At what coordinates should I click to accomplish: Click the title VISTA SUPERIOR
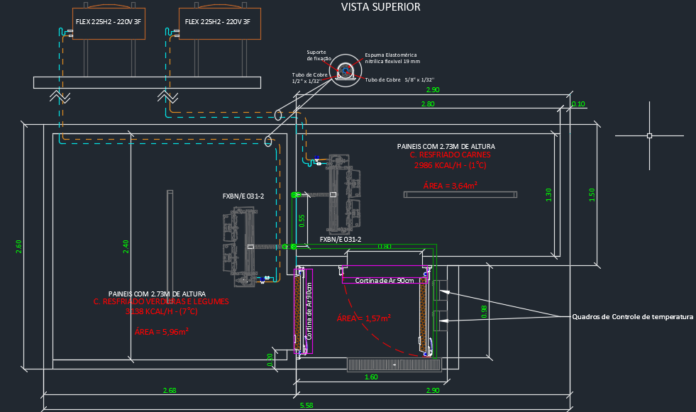point(381,7)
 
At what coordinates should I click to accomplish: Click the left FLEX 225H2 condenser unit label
point(109,22)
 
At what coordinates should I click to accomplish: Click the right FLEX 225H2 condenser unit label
point(218,22)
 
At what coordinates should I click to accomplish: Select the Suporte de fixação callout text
point(316,55)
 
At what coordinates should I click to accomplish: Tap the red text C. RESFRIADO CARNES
point(450,155)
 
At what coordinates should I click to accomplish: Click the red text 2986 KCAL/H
point(450,165)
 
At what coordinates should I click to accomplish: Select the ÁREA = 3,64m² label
point(450,185)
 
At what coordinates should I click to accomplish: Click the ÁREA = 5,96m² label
point(161,331)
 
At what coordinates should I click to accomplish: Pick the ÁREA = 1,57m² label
point(364,318)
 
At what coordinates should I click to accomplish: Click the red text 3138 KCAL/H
point(161,311)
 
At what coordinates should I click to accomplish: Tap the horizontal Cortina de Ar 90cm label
point(384,280)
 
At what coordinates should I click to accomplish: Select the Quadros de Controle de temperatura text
point(633,316)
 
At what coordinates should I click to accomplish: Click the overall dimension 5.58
point(306,405)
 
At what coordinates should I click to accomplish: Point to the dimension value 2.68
point(170,391)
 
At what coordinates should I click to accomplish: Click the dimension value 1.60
point(371,377)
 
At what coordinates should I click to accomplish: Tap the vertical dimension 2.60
point(19,246)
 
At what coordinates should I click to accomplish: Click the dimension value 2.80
point(428,104)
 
